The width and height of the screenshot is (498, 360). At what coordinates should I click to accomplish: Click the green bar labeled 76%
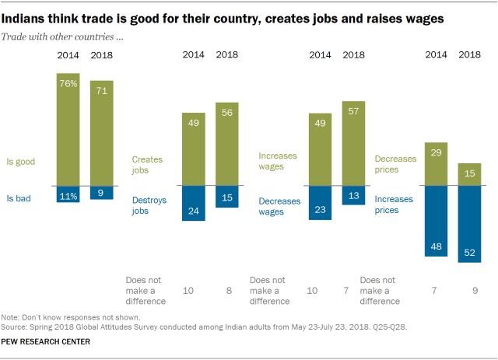pyautogui.click(x=68, y=129)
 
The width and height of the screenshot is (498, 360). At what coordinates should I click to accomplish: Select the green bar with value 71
pyautogui.click(x=101, y=133)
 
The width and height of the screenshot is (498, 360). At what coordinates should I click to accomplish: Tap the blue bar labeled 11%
pyautogui.click(x=68, y=194)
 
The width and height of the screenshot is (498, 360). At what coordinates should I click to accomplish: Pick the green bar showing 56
pyautogui.click(x=227, y=145)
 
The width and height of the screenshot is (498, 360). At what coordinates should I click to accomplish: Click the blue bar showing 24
pyautogui.click(x=193, y=204)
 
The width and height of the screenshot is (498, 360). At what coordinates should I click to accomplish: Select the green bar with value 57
pyautogui.click(x=354, y=144)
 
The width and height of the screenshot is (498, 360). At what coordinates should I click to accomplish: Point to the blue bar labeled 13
pyautogui.click(x=354, y=195)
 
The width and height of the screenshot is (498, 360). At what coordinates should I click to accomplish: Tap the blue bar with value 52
pyautogui.click(x=470, y=224)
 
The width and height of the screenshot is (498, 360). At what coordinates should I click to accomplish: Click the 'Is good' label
pyautogui.click(x=22, y=162)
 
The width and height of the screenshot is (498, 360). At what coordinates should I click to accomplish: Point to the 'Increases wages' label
pyautogui.click(x=277, y=161)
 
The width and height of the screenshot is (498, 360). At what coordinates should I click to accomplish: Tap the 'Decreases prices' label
pyautogui.click(x=398, y=163)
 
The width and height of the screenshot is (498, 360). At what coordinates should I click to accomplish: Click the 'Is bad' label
pyautogui.click(x=20, y=198)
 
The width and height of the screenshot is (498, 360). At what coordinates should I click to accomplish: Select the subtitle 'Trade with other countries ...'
pyautogui.click(x=67, y=37)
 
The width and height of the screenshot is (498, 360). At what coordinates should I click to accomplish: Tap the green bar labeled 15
pyautogui.click(x=470, y=174)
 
